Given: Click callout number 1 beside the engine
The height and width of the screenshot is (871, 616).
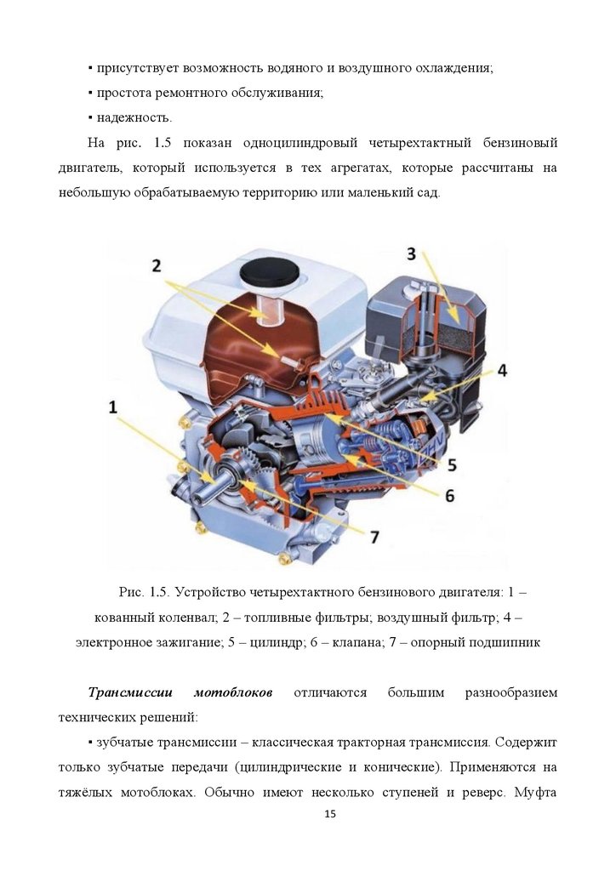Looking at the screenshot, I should click(112, 407).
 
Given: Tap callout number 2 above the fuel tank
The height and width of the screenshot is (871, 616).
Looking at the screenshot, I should click(157, 265).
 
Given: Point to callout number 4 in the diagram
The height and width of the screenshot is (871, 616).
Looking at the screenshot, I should click(502, 370).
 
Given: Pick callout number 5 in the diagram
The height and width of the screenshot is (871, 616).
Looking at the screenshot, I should click(452, 464).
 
